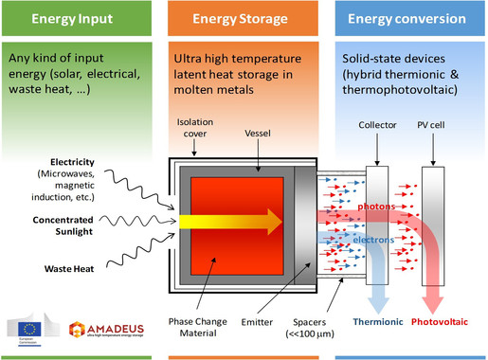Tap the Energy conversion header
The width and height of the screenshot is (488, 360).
(x=412, y=19)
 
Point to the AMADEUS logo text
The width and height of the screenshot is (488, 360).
(x=106, y=321)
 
